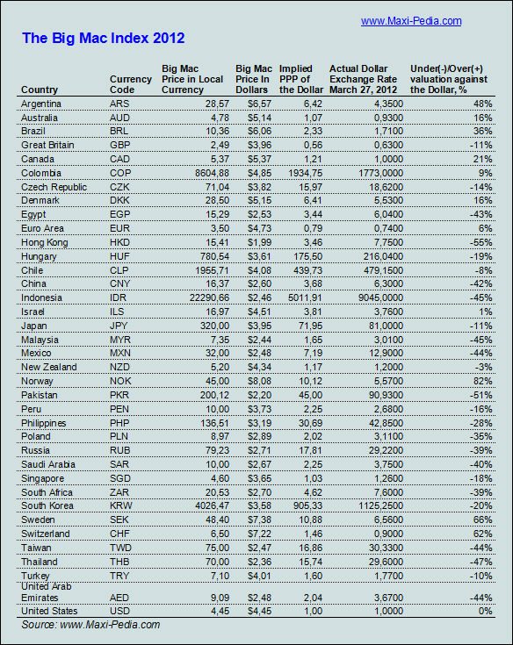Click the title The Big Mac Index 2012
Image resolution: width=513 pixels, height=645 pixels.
(103, 39)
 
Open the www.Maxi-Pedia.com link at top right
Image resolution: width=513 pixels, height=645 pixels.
(411, 20)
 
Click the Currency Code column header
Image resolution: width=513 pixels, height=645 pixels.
(130, 84)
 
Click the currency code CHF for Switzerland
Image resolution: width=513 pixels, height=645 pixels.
(120, 534)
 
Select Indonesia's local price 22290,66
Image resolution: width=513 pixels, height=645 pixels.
(206, 297)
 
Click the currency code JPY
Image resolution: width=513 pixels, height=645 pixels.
(120, 326)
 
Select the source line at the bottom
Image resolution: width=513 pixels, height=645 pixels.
(90, 625)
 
